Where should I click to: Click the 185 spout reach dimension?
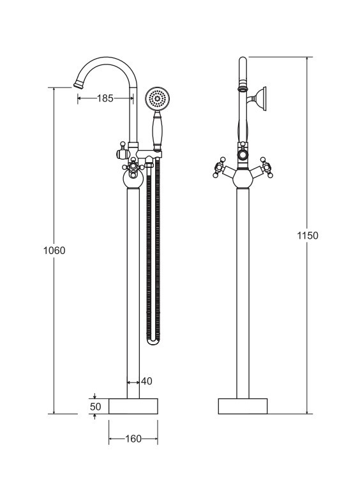click(105, 98)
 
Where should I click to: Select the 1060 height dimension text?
click(54, 250)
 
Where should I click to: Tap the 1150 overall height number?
click(308, 236)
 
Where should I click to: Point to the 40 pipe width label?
click(147, 381)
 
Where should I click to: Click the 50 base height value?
click(96, 407)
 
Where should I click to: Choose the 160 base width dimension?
click(133, 439)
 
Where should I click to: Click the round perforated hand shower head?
click(158, 99)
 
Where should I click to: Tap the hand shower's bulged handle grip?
click(158, 130)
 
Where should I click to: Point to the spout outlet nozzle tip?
click(78, 84)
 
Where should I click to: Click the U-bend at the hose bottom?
click(153, 341)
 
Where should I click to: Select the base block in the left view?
click(133, 407)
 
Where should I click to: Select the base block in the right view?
click(243, 407)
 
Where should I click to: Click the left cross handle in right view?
click(220, 167)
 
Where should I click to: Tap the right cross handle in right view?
click(266, 167)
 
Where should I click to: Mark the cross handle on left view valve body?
click(133, 166)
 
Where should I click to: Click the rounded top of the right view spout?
click(243, 60)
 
